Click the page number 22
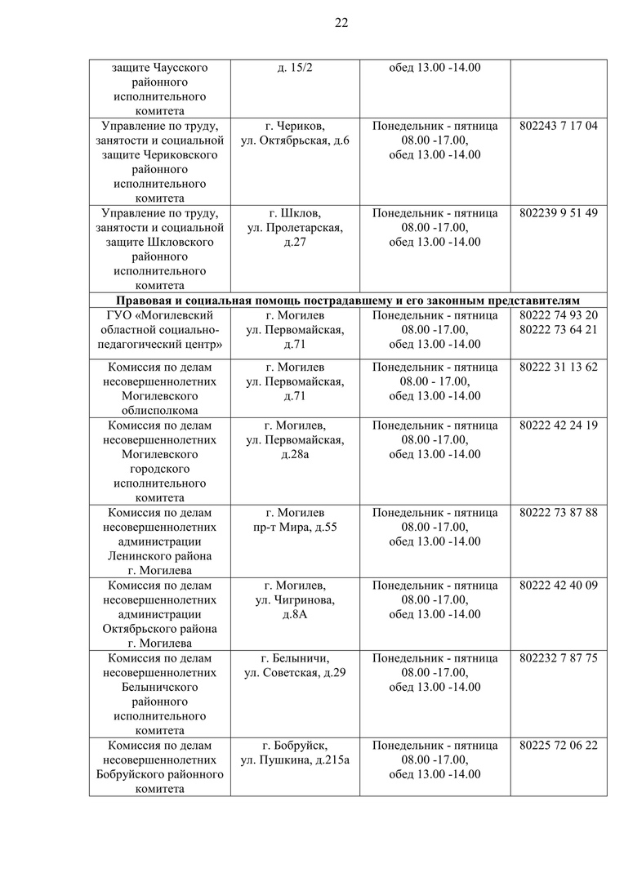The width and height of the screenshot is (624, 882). (341, 23)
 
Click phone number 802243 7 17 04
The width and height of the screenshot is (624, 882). (558, 126)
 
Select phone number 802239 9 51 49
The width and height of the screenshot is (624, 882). (558, 213)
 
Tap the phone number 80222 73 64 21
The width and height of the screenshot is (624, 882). (558, 329)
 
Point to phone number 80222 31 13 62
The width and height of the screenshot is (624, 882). (558, 367)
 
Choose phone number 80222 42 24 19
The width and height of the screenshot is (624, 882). (558, 425)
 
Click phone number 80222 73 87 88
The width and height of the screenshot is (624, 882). (558, 512)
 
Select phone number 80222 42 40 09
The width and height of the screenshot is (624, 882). (558, 585)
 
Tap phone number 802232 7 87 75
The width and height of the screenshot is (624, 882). (558, 657)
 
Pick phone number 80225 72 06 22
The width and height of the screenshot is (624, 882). (558, 746)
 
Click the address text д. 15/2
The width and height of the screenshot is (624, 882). (295, 67)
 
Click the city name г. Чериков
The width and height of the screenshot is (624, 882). (295, 126)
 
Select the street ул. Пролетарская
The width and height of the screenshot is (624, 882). (295, 228)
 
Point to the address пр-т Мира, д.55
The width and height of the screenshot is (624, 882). (295, 527)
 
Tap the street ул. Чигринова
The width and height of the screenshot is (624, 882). (295, 599)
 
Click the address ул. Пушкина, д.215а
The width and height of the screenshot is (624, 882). (295, 760)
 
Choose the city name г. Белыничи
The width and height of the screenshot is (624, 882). (295, 657)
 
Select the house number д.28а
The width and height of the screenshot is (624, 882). (295, 454)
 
